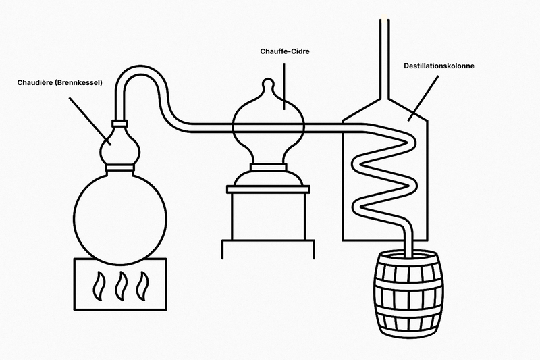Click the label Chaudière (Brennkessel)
tap(60, 84)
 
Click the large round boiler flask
tap(118, 213)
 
